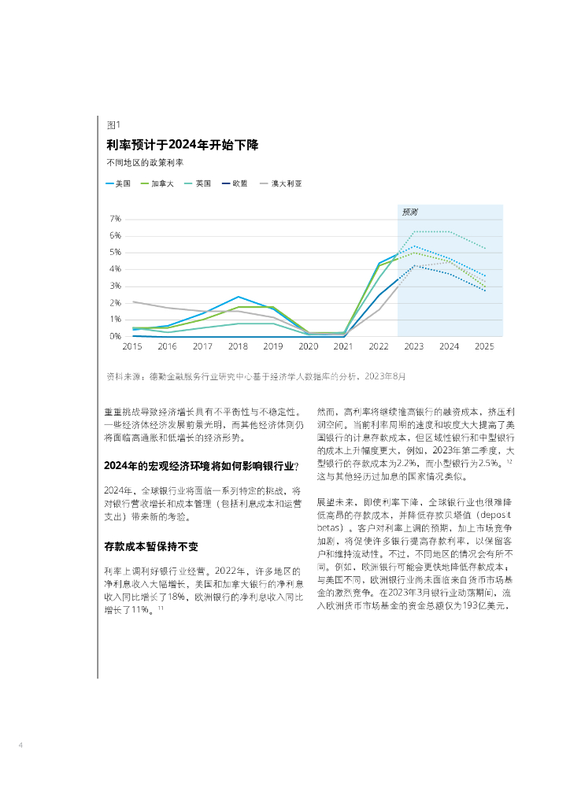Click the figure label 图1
113,124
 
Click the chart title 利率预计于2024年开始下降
183,145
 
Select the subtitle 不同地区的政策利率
145,163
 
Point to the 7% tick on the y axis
115,219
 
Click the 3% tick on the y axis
115,286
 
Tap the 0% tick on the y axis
115,336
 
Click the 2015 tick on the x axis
132,346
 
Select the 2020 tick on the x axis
309,346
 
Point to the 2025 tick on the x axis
485,346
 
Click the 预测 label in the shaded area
410,212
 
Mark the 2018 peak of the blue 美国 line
238,297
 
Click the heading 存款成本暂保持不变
151,546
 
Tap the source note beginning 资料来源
256,376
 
